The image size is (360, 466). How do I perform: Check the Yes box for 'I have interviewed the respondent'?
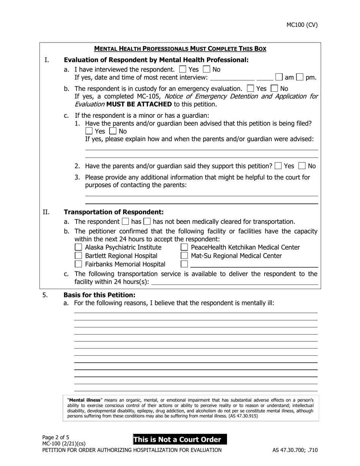pos(183,70)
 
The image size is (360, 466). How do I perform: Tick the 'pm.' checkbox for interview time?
pos(300,77)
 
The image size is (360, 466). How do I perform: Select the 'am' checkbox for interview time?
pos(279,77)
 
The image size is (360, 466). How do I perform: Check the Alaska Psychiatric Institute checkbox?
pos(78,247)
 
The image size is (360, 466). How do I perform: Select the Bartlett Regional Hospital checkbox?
pos(78,256)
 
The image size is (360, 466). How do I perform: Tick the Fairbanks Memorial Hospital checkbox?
pos(78,264)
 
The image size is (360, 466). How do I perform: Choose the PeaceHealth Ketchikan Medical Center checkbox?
pos(185,247)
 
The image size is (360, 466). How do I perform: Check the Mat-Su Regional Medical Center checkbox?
pos(185,256)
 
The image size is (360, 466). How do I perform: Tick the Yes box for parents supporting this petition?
pos(278,166)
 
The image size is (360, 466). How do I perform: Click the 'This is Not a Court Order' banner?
pos(180,439)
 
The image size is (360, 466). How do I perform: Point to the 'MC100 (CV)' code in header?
pos(302,25)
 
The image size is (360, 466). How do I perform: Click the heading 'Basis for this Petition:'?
pos(99,295)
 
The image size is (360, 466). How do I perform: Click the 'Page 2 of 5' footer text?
pos(56,437)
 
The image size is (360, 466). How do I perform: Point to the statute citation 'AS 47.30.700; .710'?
pos(295,450)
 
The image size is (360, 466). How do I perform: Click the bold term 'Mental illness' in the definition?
pos(85,400)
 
